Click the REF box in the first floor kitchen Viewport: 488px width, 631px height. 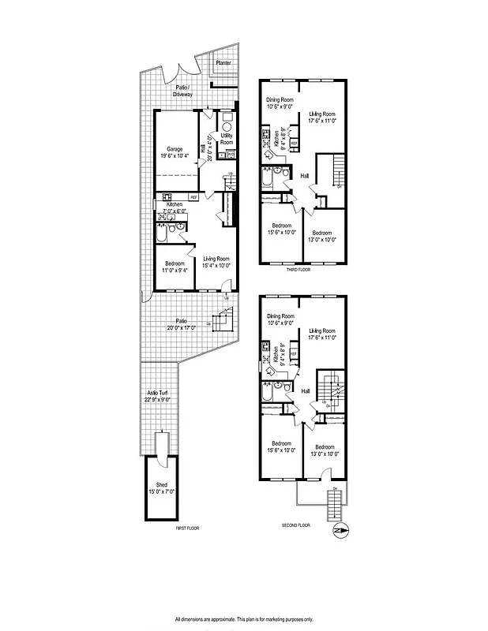(x=193, y=196)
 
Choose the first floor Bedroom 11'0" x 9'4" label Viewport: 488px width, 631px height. (x=175, y=267)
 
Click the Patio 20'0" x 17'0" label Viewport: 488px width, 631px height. (x=182, y=324)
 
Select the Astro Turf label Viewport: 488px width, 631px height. (x=157, y=396)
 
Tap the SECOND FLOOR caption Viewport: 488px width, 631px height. (x=295, y=525)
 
